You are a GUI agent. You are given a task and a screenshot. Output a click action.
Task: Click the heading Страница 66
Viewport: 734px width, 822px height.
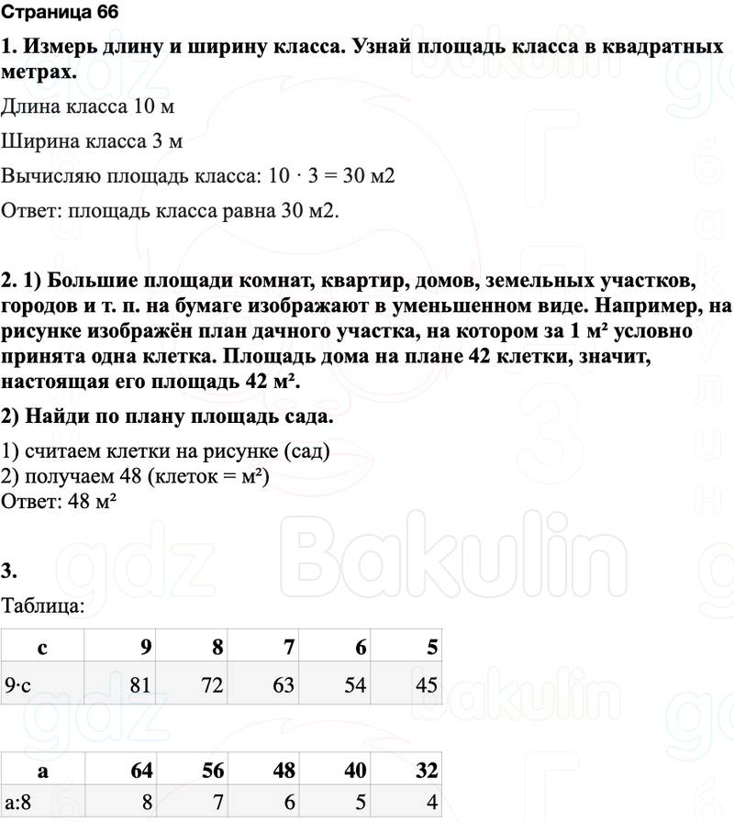click(x=61, y=13)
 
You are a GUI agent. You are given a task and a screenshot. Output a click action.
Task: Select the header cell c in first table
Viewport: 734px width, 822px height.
click(x=42, y=648)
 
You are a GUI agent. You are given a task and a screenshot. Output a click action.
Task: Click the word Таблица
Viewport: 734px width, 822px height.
click(x=44, y=605)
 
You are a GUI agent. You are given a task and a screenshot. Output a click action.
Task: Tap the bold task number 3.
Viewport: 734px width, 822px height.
click(x=9, y=572)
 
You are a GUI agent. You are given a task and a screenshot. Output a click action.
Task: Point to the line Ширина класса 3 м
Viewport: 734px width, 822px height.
click(x=92, y=141)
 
